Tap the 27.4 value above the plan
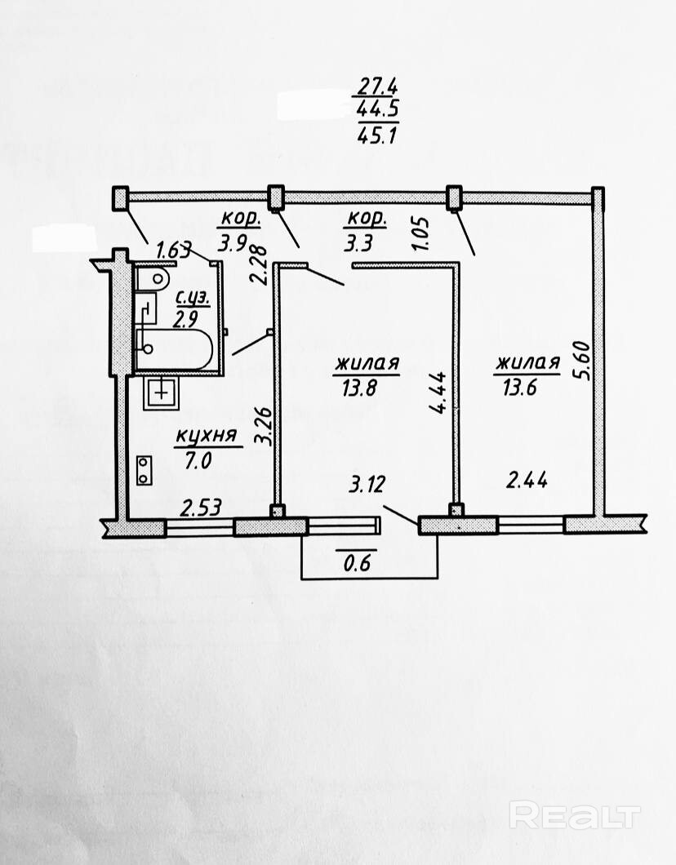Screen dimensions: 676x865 [x=376, y=84]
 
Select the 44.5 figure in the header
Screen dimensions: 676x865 [x=376, y=110]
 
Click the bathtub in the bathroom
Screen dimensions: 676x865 [x=174, y=350]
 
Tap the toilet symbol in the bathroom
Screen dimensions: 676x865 [x=152, y=280]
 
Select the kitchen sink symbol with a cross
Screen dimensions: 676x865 [x=162, y=392]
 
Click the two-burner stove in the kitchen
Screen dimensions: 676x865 [x=145, y=469]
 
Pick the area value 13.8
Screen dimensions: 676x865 [x=365, y=388]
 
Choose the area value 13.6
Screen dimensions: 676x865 [x=526, y=388]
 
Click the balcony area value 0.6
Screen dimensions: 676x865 [x=356, y=563]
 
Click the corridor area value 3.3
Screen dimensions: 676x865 [x=360, y=242]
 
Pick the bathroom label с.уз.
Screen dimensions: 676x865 [x=193, y=298]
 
